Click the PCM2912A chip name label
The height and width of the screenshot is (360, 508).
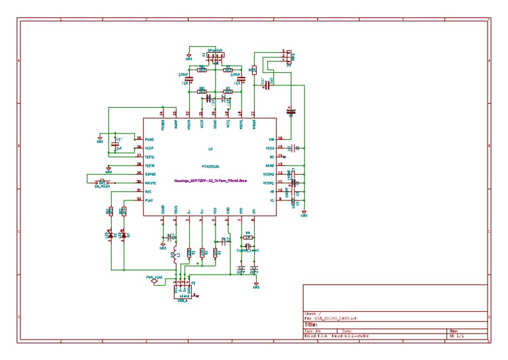(x=210, y=167)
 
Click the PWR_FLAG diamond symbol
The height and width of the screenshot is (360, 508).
(x=155, y=281)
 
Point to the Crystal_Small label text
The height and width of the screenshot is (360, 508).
(x=247, y=250)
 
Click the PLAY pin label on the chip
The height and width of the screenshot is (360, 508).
(x=149, y=200)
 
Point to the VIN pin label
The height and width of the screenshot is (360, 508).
(x=271, y=140)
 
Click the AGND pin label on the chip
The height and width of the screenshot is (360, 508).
(x=270, y=165)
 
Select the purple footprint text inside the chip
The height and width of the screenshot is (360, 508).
(x=210, y=180)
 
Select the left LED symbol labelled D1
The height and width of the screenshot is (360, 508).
(x=110, y=234)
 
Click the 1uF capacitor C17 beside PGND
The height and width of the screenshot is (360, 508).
(x=116, y=144)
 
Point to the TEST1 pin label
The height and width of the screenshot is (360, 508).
(x=149, y=156)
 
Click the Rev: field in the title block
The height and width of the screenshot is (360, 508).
(x=454, y=331)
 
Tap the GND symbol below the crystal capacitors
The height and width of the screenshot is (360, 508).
(x=257, y=286)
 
